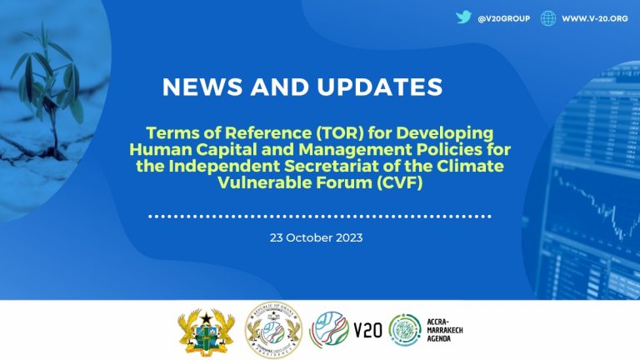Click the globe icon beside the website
547,18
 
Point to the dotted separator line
319,215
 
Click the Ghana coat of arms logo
206,330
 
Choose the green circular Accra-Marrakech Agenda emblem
406,330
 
